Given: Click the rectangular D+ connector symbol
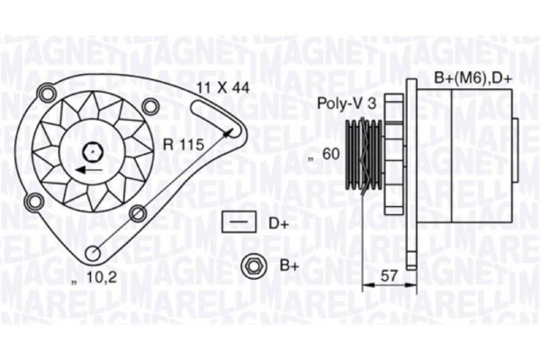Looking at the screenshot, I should (238, 220).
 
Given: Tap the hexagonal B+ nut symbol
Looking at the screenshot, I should (251, 265).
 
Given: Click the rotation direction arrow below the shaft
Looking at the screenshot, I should (87, 169).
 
